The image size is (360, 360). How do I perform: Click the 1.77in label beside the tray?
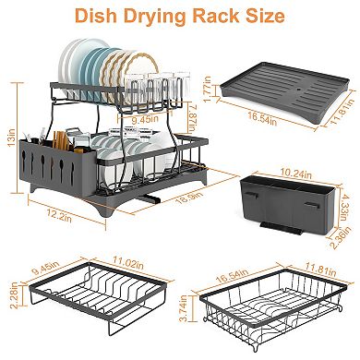pos(210,90)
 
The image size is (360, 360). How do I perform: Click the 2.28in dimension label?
pos(9,295)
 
